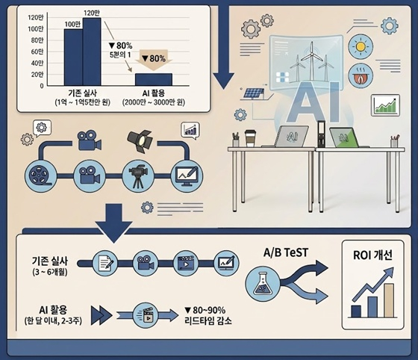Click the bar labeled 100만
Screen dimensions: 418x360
[x=74, y=58]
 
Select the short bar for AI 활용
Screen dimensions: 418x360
[x=154, y=79]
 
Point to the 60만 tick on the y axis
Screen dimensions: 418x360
[x=37, y=52]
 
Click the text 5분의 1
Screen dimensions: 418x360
[x=120, y=55]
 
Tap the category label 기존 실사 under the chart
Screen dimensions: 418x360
[x=83, y=93]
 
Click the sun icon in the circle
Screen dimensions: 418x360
[x=361, y=47]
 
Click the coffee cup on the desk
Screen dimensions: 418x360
[x=250, y=138]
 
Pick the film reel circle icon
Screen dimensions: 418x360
[x=41, y=176]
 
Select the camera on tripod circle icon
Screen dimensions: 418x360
[x=138, y=176]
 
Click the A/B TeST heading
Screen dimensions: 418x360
[x=286, y=252]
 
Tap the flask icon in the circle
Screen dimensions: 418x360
[x=263, y=284]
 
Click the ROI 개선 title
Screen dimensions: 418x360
[x=372, y=255]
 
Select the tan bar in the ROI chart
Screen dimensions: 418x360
[x=389, y=300]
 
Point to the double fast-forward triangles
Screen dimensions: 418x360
[x=102, y=315]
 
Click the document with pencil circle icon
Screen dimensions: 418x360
[x=105, y=263]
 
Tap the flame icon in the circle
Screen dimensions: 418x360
[x=361, y=75]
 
